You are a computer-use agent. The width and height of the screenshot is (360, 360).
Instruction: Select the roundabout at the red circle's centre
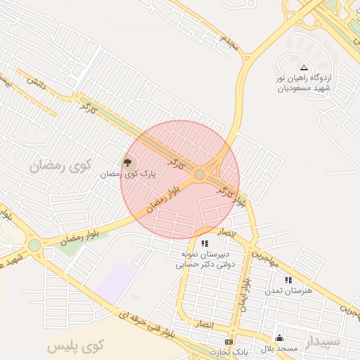click(200, 174)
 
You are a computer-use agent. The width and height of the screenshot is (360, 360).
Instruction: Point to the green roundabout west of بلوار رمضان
click(34, 245)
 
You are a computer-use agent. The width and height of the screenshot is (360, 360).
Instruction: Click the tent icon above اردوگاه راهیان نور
click(304, 67)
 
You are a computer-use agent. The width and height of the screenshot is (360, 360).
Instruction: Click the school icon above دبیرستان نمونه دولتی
click(205, 243)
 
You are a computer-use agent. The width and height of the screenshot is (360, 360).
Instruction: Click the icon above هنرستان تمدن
click(288, 280)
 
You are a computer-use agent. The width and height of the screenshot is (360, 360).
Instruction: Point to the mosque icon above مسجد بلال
click(279, 337)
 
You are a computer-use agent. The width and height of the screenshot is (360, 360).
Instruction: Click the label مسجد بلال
click(280, 348)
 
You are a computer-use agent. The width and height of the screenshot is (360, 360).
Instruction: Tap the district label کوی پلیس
click(76, 346)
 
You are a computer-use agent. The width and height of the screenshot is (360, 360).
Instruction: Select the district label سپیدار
click(322, 342)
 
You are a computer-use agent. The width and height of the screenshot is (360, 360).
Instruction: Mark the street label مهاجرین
click(266, 256)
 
